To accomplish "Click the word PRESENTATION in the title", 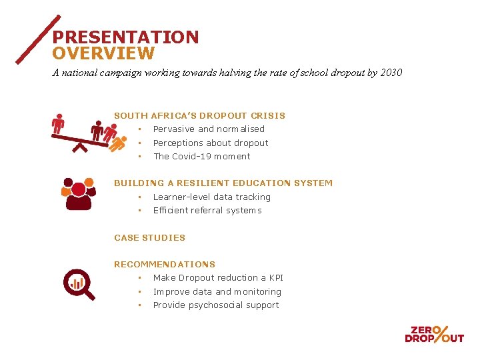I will click(x=125, y=37).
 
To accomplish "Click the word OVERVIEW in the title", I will click(x=103, y=54).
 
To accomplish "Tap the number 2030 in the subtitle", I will click(x=391, y=73).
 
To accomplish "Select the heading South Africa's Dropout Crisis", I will click(x=199, y=116).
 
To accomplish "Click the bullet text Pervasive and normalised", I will click(x=209, y=129).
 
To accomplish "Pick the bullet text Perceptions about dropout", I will click(x=211, y=143).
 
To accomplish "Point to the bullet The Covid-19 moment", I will click(x=201, y=157).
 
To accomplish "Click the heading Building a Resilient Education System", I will click(x=223, y=183).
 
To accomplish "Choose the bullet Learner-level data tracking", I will click(x=211, y=197).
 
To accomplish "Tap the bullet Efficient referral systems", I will click(x=207, y=211).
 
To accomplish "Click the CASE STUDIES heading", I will click(x=149, y=238).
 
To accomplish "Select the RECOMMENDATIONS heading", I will click(x=165, y=265).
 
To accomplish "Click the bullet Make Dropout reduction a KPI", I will click(x=218, y=278).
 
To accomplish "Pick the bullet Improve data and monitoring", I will click(x=217, y=292).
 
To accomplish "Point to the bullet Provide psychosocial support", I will click(x=216, y=305).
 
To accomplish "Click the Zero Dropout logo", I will click(x=434, y=333).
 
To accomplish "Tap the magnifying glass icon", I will click(x=79, y=284).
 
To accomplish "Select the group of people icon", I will click(x=78, y=193).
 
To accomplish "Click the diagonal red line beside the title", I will click(x=38, y=39).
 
